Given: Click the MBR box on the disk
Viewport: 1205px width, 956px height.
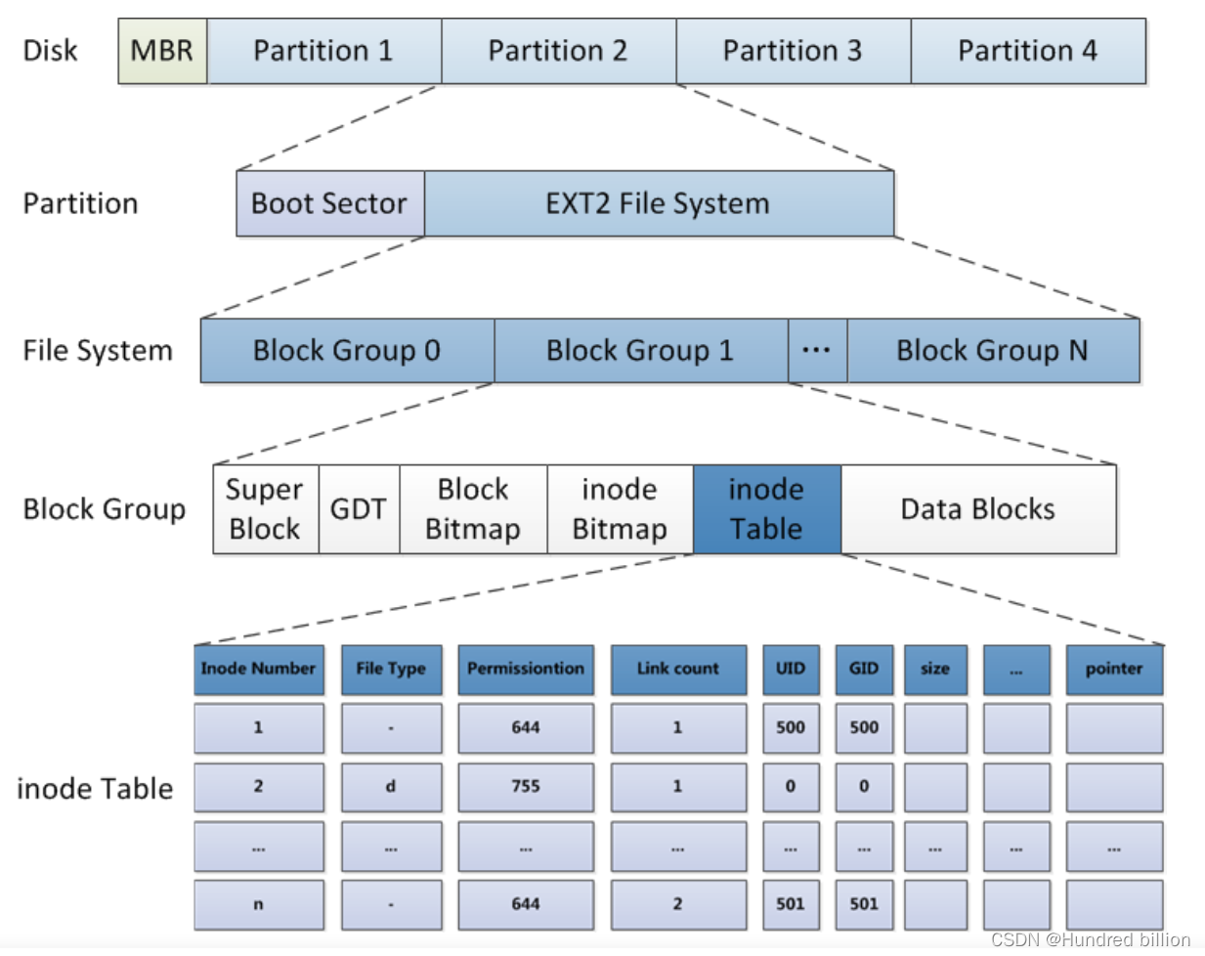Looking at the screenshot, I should point(162,51).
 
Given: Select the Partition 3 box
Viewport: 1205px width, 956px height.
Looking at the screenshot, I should point(793,51).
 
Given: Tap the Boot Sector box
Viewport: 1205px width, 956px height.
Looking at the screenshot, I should point(329,203).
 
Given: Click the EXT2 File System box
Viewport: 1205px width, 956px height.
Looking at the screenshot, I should point(658,203).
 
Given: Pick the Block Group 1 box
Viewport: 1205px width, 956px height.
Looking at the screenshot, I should point(640,350).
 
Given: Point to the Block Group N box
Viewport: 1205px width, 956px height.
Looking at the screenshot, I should point(992,350).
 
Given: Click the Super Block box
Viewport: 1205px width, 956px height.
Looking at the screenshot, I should point(265,509).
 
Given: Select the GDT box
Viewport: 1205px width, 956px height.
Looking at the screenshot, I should point(358,509).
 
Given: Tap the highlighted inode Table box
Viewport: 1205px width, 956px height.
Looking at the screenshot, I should point(766,509).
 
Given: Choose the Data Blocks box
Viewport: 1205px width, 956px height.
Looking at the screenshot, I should point(977,509).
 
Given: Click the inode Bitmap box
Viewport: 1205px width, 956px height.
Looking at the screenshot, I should point(620,509).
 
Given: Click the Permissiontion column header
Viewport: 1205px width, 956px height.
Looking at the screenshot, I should point(526,669).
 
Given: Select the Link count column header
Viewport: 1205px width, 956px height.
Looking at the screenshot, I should point(677,669).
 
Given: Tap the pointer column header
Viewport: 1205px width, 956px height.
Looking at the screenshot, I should point(1114,669).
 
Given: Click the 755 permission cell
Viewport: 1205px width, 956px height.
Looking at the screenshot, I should point(526,786).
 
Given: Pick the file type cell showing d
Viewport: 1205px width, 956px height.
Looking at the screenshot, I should point(391,786).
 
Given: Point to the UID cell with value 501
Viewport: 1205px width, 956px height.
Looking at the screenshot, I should point(791,904).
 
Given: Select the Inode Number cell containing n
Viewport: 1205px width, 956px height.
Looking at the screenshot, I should point(258,904).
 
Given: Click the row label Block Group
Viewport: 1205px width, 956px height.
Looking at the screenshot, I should point(104,509).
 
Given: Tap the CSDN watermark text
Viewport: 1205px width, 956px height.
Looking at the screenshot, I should point(1091,939).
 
